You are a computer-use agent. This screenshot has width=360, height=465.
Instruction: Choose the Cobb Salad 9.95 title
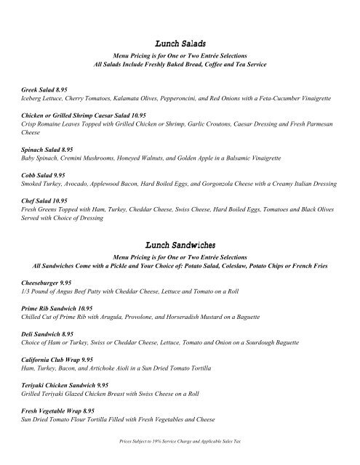click(46, 176)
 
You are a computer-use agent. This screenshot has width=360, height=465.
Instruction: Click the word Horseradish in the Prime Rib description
click(194, 318)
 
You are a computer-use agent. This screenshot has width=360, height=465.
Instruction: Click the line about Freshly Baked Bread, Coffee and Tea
click(180, 66)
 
